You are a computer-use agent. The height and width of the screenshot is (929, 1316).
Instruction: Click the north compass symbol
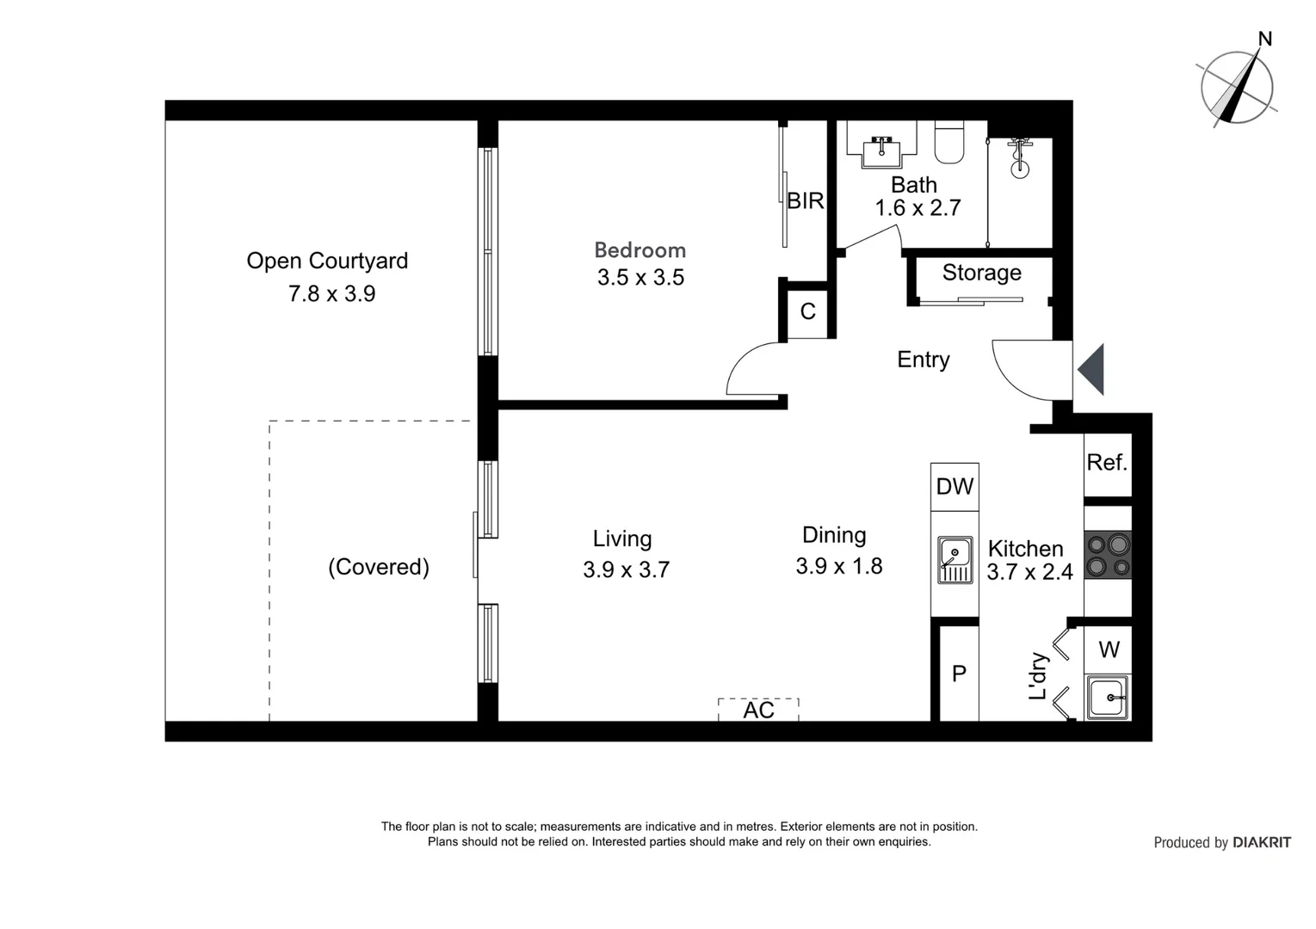tap(1238, 88)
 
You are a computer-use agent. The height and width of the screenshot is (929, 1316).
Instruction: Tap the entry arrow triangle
tap(1091, 369)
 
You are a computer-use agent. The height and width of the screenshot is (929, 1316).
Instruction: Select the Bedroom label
tap(640, 250)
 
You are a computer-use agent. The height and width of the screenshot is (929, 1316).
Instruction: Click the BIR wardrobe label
tap(806, 200)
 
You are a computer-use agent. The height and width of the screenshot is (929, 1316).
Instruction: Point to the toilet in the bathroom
tap(949, 142)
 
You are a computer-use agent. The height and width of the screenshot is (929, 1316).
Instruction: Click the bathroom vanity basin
tap(881, 151)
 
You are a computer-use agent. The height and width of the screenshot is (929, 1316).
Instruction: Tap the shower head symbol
tap(1020, 158)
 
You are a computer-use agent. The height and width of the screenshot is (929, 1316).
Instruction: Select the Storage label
tap(982, 273)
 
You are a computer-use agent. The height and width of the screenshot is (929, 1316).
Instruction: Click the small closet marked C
tap(808, 311)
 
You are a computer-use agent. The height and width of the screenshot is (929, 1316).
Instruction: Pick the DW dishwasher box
tap(955, 487)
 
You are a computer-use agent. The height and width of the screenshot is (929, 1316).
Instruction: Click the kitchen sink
tap(955, 560)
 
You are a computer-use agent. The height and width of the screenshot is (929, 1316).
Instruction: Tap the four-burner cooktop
tap(1108, 555)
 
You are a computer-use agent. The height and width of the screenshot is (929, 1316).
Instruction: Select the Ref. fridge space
tap(1108, 464)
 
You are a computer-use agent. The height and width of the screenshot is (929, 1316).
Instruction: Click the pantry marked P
tap(960, 674)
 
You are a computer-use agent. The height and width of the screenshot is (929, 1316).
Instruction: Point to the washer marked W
tap(1108, 650)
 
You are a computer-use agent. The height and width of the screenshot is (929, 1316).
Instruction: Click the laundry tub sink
tap(1108, 698)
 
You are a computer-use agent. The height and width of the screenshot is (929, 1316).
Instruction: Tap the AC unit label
tap(758, 711)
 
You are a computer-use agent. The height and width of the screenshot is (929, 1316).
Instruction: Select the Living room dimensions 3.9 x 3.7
tap(627, 569)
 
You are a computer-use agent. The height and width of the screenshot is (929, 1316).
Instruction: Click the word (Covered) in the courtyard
tap(379, 567)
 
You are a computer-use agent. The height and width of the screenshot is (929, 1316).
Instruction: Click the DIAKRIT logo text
tap(1262, 843)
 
